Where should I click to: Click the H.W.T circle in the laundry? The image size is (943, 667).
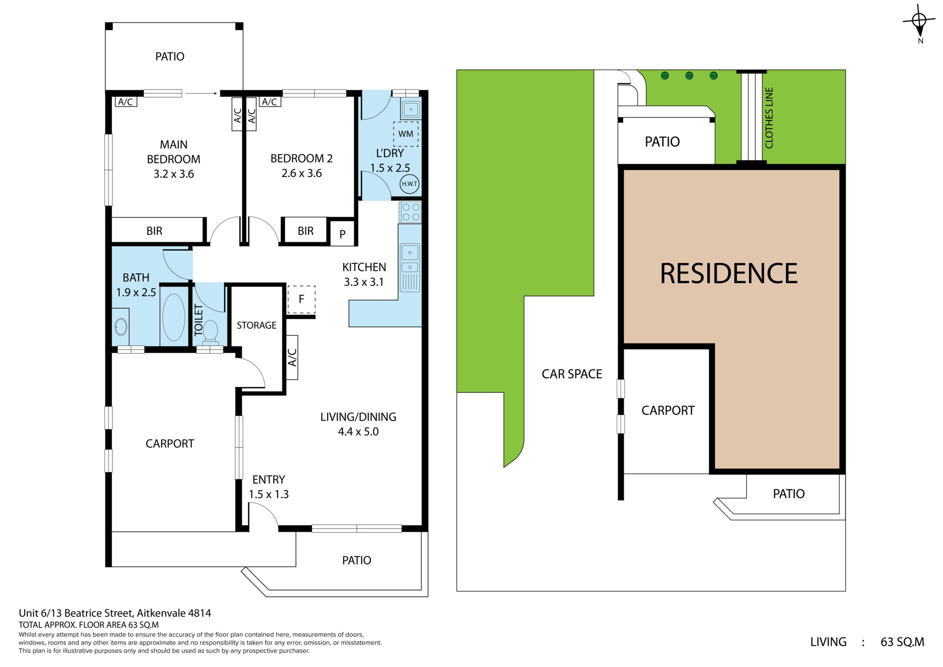coord(409,184)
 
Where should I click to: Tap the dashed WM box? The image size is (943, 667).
coord(406,134)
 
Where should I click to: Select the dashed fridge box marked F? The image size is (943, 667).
coord(301,299)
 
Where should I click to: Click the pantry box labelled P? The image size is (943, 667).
coord(342,234)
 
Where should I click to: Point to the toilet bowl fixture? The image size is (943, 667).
coord(210,331)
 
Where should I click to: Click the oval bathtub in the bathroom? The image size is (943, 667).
coord(173,317)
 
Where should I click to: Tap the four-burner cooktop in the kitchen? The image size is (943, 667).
coord(410,212)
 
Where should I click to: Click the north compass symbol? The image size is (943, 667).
coord(919,24)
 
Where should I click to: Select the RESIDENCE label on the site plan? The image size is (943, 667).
coord(728,273)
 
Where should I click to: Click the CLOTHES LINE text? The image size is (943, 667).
coord(769,118)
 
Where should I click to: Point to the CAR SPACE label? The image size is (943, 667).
coord(572,374)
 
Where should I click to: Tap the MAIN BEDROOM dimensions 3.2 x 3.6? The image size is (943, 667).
coord(173,174)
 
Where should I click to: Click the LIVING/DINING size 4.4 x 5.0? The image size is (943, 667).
coord(358,432)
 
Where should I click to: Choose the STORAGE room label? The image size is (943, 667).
coord(256,325)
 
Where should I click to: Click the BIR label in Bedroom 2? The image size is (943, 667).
coord(305,231)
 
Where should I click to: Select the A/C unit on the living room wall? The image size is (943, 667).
coord(292,357)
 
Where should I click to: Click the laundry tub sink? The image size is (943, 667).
coord(411,109)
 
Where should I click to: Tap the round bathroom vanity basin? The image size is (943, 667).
coord(121,327)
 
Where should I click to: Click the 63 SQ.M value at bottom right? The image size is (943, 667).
coord(902,642)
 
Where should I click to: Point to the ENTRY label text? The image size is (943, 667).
coord(269,480)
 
